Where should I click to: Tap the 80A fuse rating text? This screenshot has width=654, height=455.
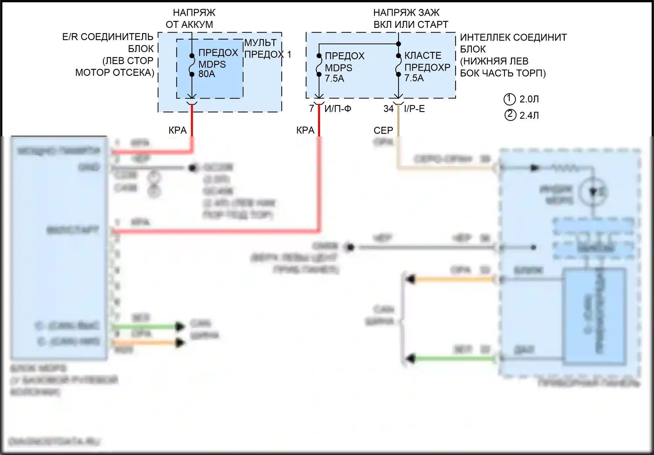pos(207,74)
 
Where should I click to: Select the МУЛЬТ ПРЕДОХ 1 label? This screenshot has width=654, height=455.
pos(267,48)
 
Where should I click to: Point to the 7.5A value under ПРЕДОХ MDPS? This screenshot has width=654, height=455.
pos(334,78)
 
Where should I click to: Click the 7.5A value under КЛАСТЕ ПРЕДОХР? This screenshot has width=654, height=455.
pos(414,78)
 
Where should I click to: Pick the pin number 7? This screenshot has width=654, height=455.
pos(311,109)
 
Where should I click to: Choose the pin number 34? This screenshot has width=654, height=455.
pos(388,109)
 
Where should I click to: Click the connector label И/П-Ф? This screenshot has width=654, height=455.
pos(337,109)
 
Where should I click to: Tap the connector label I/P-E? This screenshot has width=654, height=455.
pos(414,109)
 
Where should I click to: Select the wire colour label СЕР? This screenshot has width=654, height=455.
pos(383,130)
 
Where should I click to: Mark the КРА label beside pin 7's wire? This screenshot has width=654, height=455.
pos(305,130)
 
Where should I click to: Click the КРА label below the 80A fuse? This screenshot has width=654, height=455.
pos(177,130)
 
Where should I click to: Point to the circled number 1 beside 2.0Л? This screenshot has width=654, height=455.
pos(510,99)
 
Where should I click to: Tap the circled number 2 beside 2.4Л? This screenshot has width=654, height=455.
pos(510,115)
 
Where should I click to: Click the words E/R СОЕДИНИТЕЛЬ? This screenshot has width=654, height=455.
pos(108,37)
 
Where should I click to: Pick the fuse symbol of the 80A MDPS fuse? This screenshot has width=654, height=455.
pos(192,65)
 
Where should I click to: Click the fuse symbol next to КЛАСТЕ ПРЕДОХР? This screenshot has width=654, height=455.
pos(398,65)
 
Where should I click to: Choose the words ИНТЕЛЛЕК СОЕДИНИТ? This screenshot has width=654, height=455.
pos(513,37)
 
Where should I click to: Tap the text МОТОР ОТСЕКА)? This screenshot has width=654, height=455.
pos(115,72)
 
